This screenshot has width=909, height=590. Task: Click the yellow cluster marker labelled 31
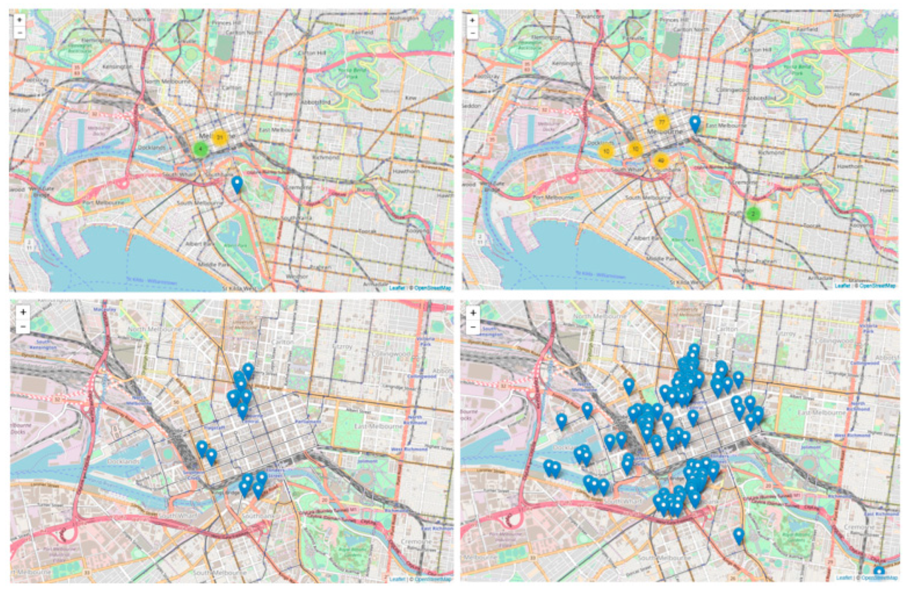pos(220,138)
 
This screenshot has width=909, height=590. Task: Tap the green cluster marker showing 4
pos(200,149)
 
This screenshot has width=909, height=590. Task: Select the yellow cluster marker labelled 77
pos(662,122)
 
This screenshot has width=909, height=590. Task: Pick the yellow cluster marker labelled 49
pos(661,160)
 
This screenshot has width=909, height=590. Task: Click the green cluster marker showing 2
pos(752,214)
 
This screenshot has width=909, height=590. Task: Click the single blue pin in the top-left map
pos(237,183)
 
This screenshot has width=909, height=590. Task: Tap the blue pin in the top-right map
pos(695,123)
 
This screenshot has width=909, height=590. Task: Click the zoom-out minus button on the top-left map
pos(19,33)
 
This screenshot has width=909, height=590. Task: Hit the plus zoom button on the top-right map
pos(472,20)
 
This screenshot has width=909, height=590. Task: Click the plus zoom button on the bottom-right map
pos(473,312)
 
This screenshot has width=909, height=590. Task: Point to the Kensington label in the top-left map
pos(118,67)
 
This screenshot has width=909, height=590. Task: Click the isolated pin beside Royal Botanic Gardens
pos(738,535)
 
